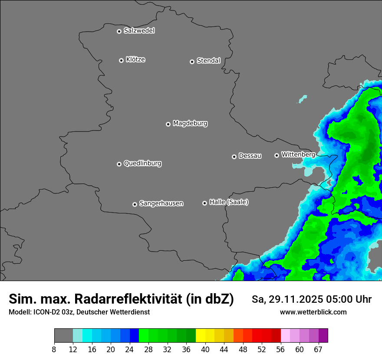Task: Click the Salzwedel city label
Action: (x=139, y=31)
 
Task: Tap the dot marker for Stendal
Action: (x=192, y=62)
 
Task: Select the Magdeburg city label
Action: (x=190, y=124)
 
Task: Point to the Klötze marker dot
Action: (x=122, y=60)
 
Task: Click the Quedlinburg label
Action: (x=142, y=164)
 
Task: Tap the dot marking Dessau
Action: (x=234, y=157)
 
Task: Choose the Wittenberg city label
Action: (x=298, y=154)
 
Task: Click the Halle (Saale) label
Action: (x=229, y=202)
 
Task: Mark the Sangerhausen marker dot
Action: (x=135, y=204)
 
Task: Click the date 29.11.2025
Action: (x=295, y=300)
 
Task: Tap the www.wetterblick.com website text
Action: (x=313, y=312)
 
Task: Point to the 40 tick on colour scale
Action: (x=205, y=350)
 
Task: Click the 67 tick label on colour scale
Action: (x=318, y=350)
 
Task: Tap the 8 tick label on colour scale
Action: (x=54, y=350)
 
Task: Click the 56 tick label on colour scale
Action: (x=281, y=350)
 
